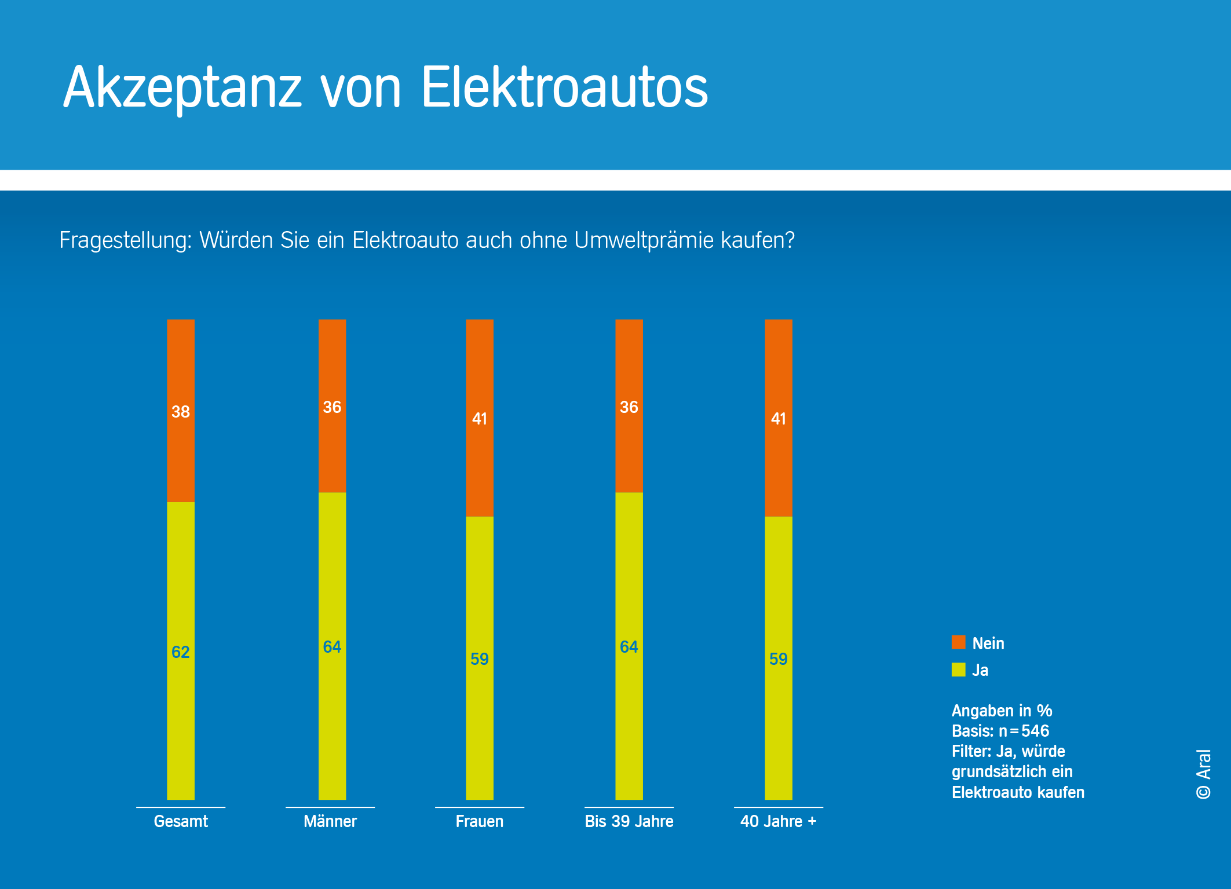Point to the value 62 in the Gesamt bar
pyautogui.click(x=181, y=652)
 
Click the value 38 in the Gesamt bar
pyautogui.click(x=181, y=412)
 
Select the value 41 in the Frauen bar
pyautogui.click(x=480, y=419)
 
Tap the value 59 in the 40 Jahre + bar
pyautogui.click(x=779, y=659)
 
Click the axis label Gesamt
pyautogui.click(x=181, y=821)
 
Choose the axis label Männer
pyautogui.click(x=330, y=821)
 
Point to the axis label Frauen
pyautogui.click(x=480, y=821)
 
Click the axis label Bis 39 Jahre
pyautogui.click(x=629, y=821)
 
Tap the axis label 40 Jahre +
pyautogui.click(x=779, y=821)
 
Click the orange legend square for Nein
pyautogui.click(x=959, y=642)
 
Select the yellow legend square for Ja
pyautogui.click(x=959, y=670)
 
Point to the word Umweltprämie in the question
pyautogui.click(x=644, y=240)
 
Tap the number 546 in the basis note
pyautogui.click(x=1035, y=731)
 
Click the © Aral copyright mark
pyautogui.click(x=1204, y=774)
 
